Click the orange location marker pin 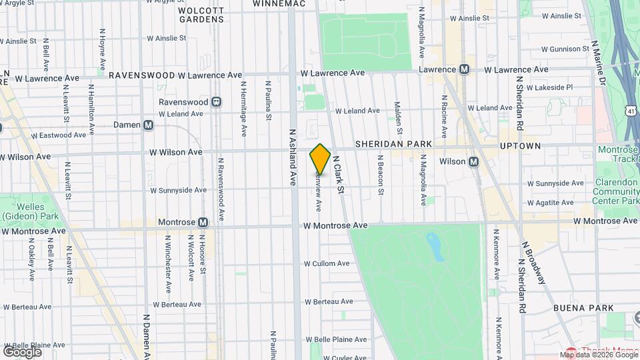320,159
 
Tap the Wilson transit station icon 473,161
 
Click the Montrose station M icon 203,222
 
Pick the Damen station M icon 148,125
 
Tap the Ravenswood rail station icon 216,102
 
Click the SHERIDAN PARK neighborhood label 393,144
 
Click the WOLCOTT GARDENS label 201,15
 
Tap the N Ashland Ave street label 292,156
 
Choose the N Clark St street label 338,175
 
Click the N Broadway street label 533,262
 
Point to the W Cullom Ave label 327,263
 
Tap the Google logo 22,351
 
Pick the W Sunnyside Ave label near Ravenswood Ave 178,190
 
